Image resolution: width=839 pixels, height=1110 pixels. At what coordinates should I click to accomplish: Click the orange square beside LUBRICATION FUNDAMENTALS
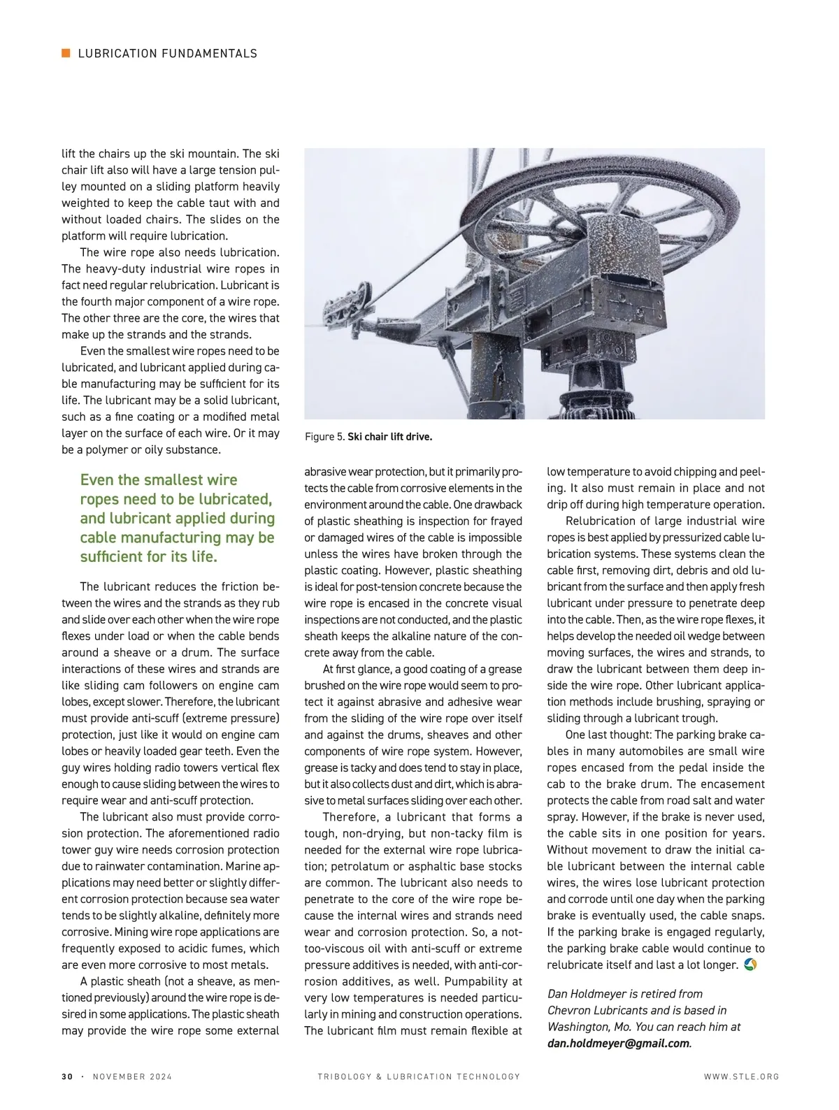66,53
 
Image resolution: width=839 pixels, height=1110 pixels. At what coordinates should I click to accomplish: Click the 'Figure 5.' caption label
324,437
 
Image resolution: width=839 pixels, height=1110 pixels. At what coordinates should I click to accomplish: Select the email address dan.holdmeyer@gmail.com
618,1044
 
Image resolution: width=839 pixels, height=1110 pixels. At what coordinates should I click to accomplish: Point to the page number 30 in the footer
67,1076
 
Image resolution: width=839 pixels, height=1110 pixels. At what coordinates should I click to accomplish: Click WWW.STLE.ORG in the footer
741,1076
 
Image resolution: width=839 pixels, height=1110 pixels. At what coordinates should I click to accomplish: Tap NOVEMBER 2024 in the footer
132,1076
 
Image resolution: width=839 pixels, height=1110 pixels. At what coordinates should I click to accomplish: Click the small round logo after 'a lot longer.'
751,965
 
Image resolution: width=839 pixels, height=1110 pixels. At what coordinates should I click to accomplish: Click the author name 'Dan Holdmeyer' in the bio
582,994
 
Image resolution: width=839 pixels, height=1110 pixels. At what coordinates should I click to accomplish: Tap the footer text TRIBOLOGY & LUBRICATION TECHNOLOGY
419,1076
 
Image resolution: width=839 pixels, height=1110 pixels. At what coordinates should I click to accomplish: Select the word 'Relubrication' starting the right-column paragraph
599,521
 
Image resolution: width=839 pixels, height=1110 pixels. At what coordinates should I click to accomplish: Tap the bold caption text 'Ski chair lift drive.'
389,437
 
